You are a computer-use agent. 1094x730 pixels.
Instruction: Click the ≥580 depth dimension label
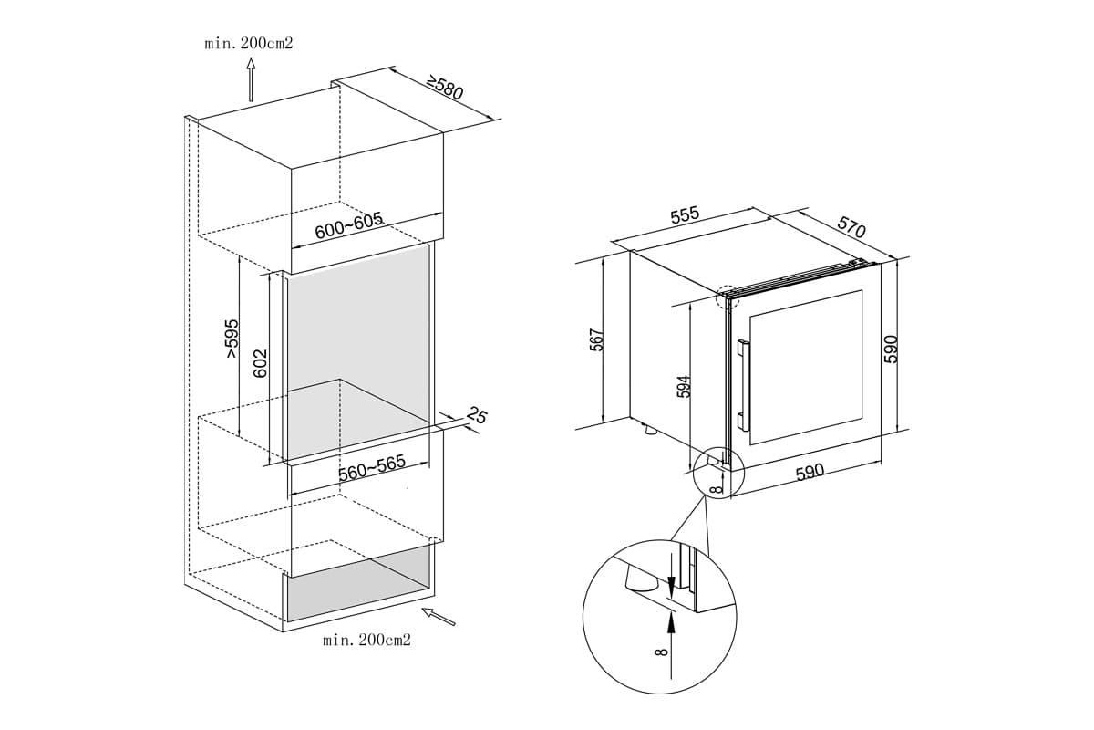coord(445,89)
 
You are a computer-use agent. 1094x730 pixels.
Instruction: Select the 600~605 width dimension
coord(347,225)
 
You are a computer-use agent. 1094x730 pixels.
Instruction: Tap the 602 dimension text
coord(259,364)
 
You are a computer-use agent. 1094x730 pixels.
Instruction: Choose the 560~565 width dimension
coord(371,468)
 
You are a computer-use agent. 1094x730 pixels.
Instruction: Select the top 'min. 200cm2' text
coord(249,43)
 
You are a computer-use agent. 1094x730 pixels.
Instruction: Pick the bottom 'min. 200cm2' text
coord(366,640)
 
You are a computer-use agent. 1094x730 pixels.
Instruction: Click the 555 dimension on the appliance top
coord(684,215)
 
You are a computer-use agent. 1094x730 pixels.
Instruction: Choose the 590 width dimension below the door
coord(810,472)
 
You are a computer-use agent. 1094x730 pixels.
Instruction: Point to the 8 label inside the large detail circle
coord(662,650)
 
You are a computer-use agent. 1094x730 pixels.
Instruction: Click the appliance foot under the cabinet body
coord(648,429)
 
